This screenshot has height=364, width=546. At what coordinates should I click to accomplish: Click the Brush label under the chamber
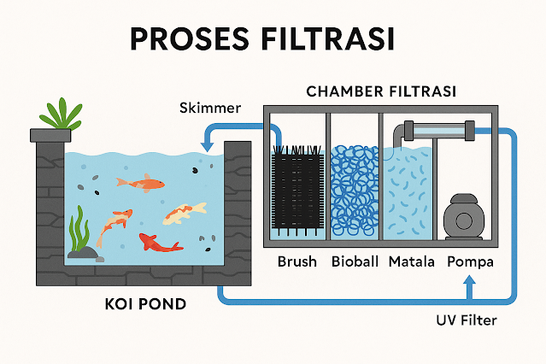pyautogui.click(x=296, y=261)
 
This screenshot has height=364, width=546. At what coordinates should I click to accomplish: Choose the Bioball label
pyautogui.click(x=354, y=261)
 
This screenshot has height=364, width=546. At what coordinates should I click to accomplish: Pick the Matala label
pyautogui.click(x=410, y=261)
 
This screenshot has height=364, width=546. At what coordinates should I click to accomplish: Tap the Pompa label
pyautogui.click(x=467, y=261)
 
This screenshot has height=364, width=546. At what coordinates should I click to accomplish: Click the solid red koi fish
pyautogui.click(x=160, y=244)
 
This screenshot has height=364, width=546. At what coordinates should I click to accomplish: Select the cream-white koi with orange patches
pyautogui.click(x=185, y=212)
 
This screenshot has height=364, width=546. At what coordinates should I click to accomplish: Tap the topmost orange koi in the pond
pyautogui.click(x=141, y=182)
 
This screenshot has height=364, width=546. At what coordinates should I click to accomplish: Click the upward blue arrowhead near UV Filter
pyautogui.click(x=468, y=289)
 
